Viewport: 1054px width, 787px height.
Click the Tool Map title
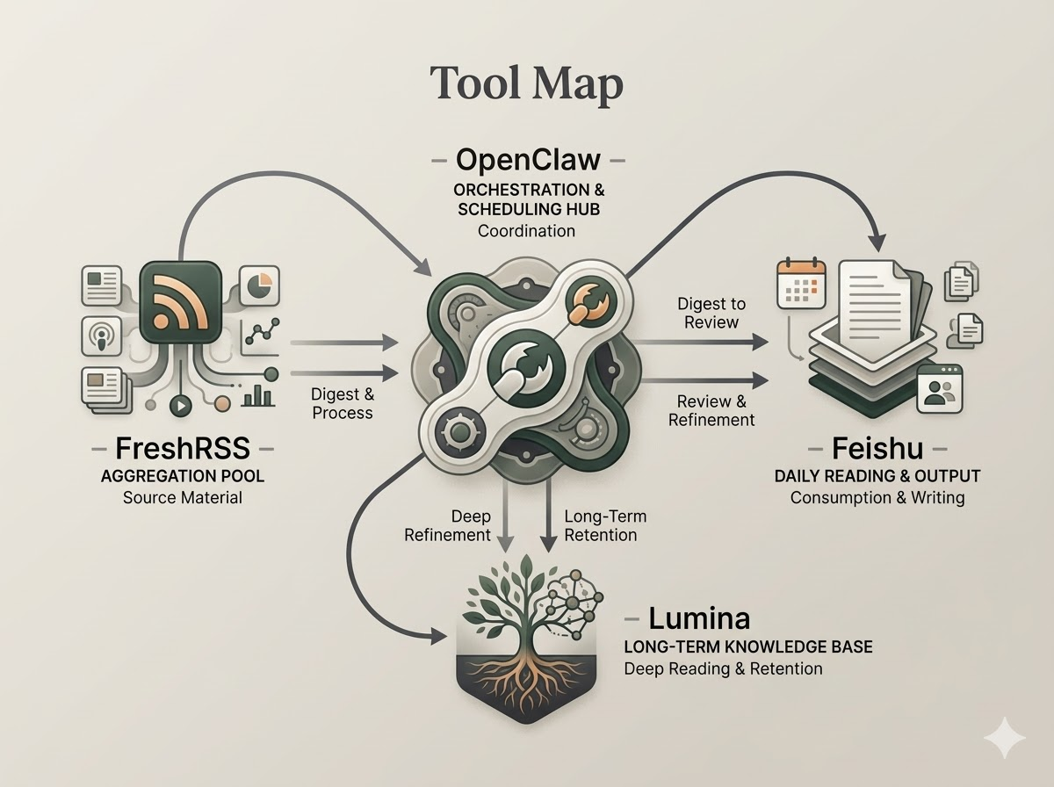(527, 84)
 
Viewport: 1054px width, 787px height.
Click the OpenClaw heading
(528, 161)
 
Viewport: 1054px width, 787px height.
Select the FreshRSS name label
(183, 449)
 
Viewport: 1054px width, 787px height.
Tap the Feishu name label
(877, 449)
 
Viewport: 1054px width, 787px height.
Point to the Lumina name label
(700, 618)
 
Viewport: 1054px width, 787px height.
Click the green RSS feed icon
(180, 302)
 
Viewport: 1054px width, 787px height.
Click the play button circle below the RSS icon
(180, 407)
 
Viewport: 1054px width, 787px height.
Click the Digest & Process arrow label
(343, 404)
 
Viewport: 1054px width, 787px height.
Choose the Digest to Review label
(711, 313)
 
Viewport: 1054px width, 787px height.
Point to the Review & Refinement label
(711, 410)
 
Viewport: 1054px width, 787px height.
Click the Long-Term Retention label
(600, 525)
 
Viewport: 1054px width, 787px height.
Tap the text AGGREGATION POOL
(183, 475)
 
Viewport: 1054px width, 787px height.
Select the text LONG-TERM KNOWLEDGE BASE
(747, 646)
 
